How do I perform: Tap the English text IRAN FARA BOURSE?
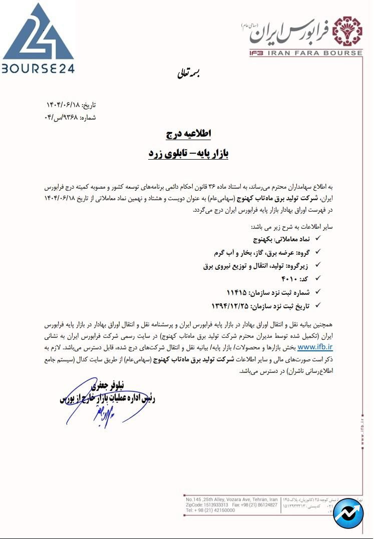pyautogui.click(x=302, y=53)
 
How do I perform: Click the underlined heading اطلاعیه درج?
pyautogui.click(x=189, y=134)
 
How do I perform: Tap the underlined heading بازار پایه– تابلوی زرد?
pyautogui.click(x=188, y=154)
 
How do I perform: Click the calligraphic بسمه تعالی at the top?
pyautogui.click(x=187, y=75)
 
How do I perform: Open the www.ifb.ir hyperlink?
pyautogui.click(x=315, y=346)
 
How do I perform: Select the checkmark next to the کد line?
pyautogui.click(x=317, y=277)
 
